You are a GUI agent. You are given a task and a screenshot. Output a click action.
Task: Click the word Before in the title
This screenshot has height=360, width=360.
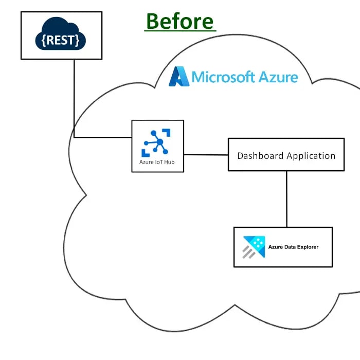point(179,21)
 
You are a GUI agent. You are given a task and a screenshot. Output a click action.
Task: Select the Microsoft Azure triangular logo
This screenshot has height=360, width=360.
point(179,77)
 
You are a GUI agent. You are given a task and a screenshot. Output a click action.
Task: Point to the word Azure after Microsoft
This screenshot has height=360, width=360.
point(278,77)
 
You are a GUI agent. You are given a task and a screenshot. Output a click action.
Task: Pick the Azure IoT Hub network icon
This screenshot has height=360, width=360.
point(157,141)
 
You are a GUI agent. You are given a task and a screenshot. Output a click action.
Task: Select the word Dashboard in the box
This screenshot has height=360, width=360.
point(260,156)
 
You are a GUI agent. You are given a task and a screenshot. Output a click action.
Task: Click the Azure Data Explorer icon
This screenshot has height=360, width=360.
point(253,247)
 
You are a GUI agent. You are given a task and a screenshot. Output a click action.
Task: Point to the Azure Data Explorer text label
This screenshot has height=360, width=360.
point(293,247)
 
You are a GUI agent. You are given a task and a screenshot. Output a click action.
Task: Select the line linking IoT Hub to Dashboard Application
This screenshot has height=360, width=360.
point(206,154)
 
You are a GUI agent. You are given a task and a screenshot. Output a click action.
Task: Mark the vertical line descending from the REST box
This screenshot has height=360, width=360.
point(74,98)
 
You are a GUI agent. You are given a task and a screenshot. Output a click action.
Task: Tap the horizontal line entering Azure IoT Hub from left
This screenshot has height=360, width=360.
point(103,137)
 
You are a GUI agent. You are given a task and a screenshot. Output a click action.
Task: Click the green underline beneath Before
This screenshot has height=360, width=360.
point(179,32)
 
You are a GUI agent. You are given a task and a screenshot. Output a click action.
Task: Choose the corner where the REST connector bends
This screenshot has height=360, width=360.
point(74,137)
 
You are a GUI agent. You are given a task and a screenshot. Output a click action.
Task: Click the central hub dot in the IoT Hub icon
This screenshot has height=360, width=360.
point(159,142)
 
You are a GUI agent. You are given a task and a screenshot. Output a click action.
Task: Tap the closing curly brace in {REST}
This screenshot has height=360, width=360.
point(77,40)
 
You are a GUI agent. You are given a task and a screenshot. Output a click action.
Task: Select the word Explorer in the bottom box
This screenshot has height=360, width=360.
point(305,247)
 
